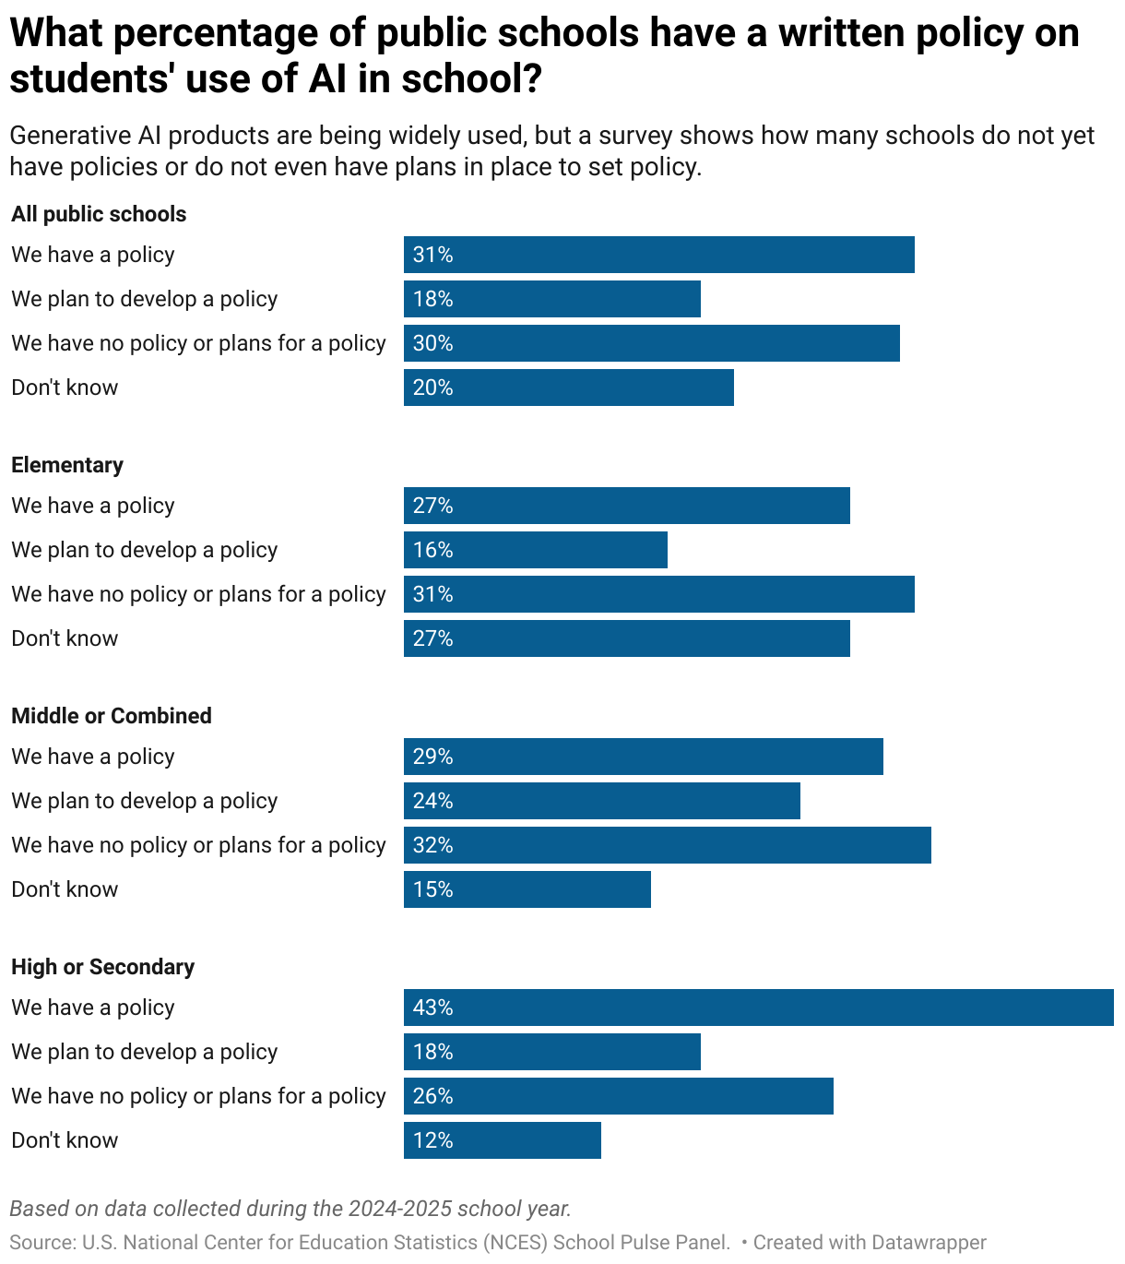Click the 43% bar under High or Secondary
(758, 1008)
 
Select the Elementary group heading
(67, 465)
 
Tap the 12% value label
(432, 1140)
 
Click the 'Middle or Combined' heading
(112, 716)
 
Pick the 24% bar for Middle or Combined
(601, 801)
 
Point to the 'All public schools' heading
(99, 214)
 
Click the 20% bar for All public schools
(568, 388)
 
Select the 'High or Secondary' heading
(103, 967)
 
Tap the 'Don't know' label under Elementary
(65, 638)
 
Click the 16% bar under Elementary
(535, 550)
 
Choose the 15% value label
(432, 889)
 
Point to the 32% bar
(667, 845)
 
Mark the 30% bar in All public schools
(651, 343)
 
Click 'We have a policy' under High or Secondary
(93, 1008)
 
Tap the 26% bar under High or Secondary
(618, 1096)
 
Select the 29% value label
(432, 757)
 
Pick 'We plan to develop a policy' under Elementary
(145, 550)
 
